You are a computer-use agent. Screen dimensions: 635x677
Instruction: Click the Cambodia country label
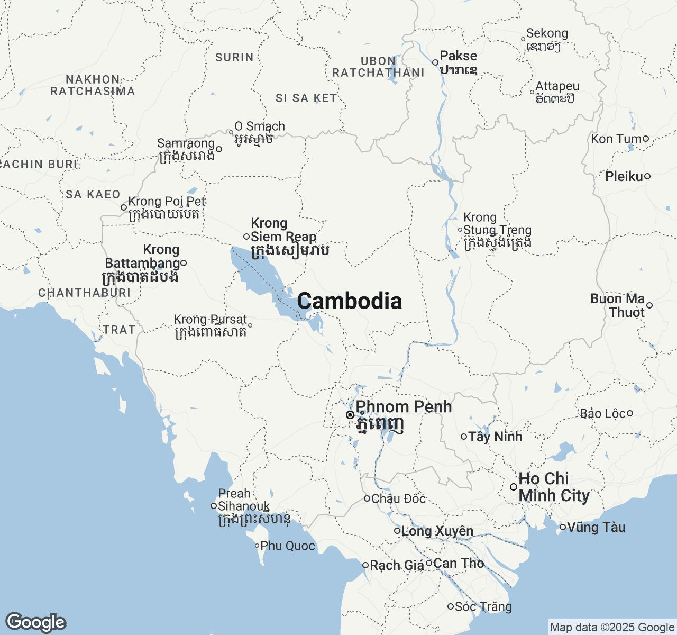349,301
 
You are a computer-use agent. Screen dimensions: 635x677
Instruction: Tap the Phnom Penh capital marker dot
350,415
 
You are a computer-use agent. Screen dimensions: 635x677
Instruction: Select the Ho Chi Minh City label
553,487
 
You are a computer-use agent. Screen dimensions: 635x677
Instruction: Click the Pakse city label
458,56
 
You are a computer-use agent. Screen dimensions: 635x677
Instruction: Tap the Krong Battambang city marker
184,263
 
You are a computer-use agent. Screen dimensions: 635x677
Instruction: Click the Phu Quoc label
288,546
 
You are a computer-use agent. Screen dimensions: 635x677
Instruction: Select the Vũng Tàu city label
596,528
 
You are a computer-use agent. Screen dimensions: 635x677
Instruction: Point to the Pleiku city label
624,176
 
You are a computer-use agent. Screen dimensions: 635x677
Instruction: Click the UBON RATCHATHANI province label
378,67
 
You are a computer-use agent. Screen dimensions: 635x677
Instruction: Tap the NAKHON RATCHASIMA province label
93,85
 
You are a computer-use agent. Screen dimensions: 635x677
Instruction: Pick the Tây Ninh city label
495,437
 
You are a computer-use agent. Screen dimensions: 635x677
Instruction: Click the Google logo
35,623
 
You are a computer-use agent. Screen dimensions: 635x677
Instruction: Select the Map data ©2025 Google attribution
612,628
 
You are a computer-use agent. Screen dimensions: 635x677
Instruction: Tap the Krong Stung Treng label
497,230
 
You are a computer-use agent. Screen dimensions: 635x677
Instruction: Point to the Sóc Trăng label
483,607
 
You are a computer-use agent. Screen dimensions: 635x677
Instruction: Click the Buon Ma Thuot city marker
649,305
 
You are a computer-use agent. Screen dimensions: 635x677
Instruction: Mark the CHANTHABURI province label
84,293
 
